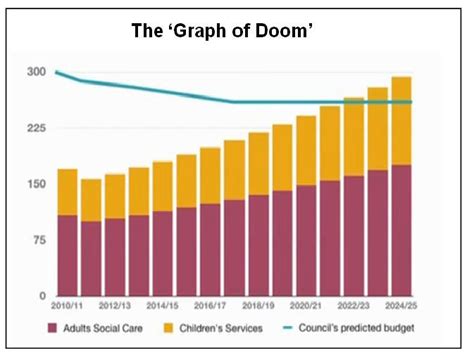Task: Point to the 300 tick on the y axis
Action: [37, 73]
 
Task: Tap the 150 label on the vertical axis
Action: [37, 184]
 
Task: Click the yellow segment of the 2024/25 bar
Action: [402, 121]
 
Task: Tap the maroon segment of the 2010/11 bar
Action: [68, 255]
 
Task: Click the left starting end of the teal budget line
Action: [57, 72]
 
